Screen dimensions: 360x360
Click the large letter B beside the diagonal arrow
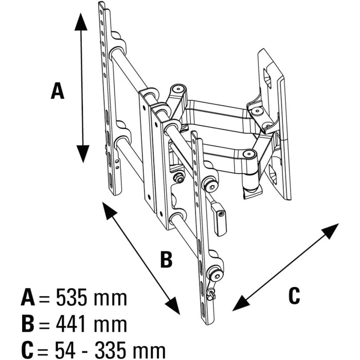(x=167, y=259)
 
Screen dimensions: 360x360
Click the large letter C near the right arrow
(x=294, y=296)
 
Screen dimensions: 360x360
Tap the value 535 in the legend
(x=71, y=298)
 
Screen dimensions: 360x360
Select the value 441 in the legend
(x=71, y=324)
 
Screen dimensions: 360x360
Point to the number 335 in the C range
(x=111, y=351)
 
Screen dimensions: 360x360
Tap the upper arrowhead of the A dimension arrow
(x=81, y=22)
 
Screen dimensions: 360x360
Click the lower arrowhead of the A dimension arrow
(x=83, y=154)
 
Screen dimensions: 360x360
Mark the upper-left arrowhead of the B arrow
(x=108, y=210)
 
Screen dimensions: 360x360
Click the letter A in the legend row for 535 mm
(x=28, y=298)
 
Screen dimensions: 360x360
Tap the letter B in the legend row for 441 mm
(x=28, y=324)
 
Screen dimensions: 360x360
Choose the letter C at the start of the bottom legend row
(x=28, y=351)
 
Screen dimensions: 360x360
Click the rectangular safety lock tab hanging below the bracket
(x=220, y=220)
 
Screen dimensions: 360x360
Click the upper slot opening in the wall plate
(x=267, y=79)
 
